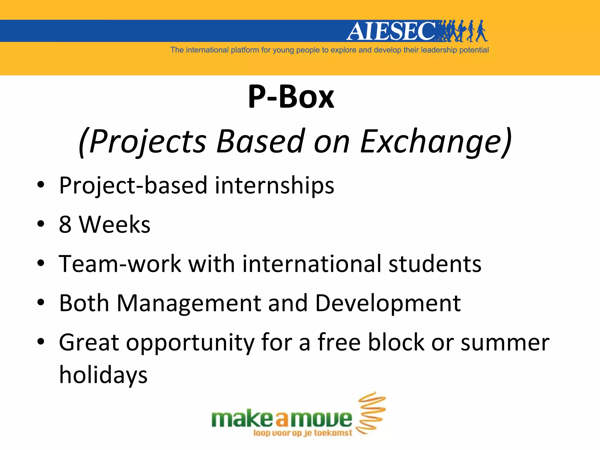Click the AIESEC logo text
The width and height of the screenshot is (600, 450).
(391, 31)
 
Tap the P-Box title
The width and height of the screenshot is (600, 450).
(291, 96)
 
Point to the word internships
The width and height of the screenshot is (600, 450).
(274, 185)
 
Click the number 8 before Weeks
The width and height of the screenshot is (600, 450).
(65, 224)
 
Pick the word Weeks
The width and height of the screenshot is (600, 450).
(115, 224)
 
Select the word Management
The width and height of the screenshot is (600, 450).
(189, 303)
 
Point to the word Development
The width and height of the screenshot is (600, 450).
(388, 303)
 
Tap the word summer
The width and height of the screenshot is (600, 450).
(505, 343)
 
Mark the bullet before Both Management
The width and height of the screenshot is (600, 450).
(41, 302)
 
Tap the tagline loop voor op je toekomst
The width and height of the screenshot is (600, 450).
(302, 433)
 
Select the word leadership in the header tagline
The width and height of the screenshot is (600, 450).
(439, 50)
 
